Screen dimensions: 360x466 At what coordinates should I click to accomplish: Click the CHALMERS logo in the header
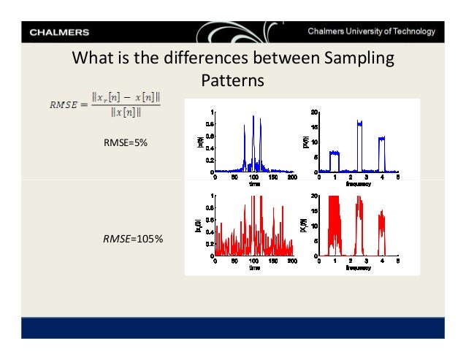coord(60,32)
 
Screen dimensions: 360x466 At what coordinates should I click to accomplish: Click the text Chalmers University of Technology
coord(371,32)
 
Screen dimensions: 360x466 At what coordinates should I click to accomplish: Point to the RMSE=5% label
coord(126,143)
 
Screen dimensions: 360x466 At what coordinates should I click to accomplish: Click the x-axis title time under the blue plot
coord(253,184)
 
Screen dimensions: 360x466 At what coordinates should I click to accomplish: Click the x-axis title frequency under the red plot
coord(359,268)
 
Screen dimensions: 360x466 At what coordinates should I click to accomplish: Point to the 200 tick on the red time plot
coord(292,261)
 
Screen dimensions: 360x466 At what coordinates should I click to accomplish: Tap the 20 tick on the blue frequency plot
coord(313,112)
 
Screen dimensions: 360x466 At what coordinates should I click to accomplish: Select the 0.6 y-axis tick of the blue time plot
coord(209,136)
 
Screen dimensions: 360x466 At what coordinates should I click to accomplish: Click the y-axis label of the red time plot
coord(198,227)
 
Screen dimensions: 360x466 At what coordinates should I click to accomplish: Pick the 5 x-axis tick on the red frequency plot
coord(398,261)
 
